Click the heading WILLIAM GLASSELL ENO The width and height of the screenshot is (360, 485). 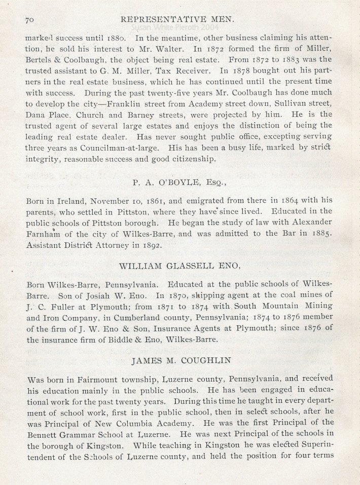click(180, 265)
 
